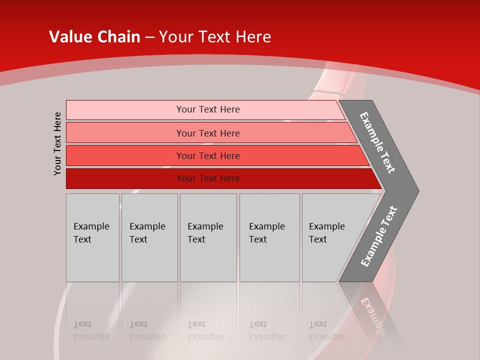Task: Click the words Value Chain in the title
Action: click(x=94, y=36)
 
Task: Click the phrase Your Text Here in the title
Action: click(x=215, y=36)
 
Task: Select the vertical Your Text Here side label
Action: click(x=58, y=143)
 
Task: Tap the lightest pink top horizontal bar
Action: click(x=125, y=109)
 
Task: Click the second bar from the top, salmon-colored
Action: click(x=125, y=133)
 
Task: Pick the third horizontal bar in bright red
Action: click(x=125, y=155)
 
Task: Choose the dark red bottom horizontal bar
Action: click(x=125, y=178)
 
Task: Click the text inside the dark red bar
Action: click(x=208, y=178)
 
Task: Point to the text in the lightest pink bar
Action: click(x=208, y=109)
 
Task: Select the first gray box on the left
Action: click(x=92, y=237)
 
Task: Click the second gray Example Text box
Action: click(x=149, y=237)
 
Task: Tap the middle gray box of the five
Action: click(x=208, y=237)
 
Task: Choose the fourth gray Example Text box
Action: click(x=269, y=237)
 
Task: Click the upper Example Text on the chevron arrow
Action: click(x=377, y=142)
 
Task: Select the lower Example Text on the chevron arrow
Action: click(x=378, y=236)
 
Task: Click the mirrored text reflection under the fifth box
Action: click(x=327, y=330)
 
